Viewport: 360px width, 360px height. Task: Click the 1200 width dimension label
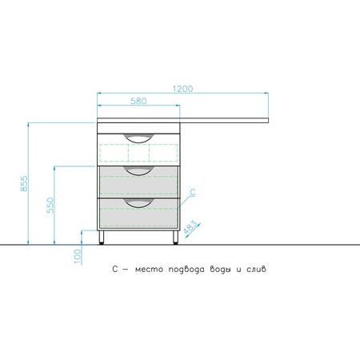(x=182, y=89)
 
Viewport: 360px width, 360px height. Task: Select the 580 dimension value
(x=138, y=101)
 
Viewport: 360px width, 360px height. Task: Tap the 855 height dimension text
(x=24, y=183)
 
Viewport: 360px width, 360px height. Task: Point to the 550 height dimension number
(x=50, y=205)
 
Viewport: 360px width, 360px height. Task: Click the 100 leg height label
(x=78, y=256)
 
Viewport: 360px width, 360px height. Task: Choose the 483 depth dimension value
(x=191, y=227)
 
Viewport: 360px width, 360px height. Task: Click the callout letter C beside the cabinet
(x=193, y=192)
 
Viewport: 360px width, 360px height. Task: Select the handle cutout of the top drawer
(x=139, y=138)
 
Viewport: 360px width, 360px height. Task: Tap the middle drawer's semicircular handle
(x=139, y=170)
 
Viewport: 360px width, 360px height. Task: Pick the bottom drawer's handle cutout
(x=139, y=202)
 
